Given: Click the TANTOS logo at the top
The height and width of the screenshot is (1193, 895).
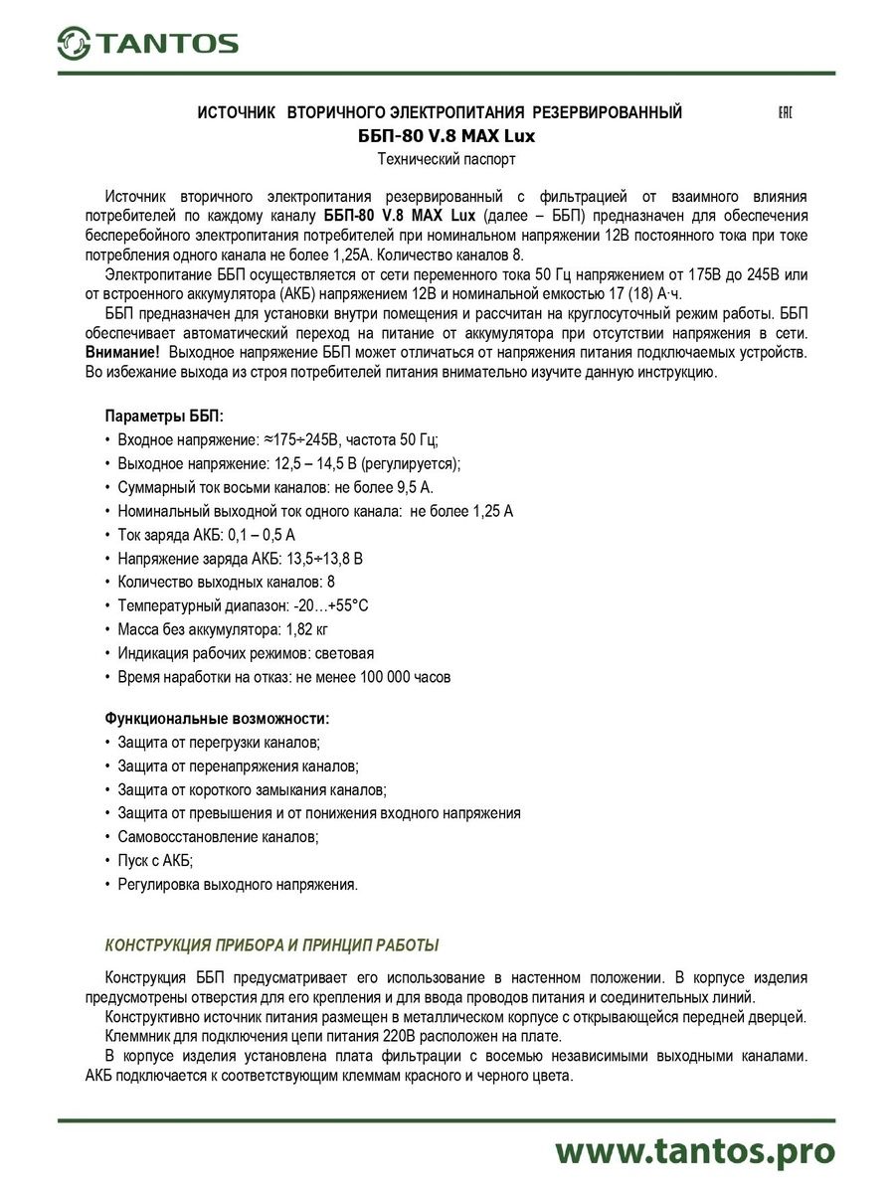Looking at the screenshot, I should point(147,43).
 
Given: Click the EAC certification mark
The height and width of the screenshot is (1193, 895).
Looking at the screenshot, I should point(784,112).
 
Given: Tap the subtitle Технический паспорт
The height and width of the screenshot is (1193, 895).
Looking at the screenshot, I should point(447,159).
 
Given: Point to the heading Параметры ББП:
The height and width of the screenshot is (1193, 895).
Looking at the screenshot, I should point(164,416).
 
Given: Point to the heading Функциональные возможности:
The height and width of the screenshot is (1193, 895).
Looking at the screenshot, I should point(217,718).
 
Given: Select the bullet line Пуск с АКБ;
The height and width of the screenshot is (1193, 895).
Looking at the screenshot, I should point(155,861).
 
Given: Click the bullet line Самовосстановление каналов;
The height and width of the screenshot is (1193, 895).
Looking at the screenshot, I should point(218,837).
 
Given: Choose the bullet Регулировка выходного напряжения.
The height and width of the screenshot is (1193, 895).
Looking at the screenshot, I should point(237,885).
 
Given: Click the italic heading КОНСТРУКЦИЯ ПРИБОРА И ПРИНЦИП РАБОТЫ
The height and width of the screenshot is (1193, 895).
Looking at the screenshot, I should point(271,944).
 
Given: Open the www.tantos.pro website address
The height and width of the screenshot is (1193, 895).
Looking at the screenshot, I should point(694,1150).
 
